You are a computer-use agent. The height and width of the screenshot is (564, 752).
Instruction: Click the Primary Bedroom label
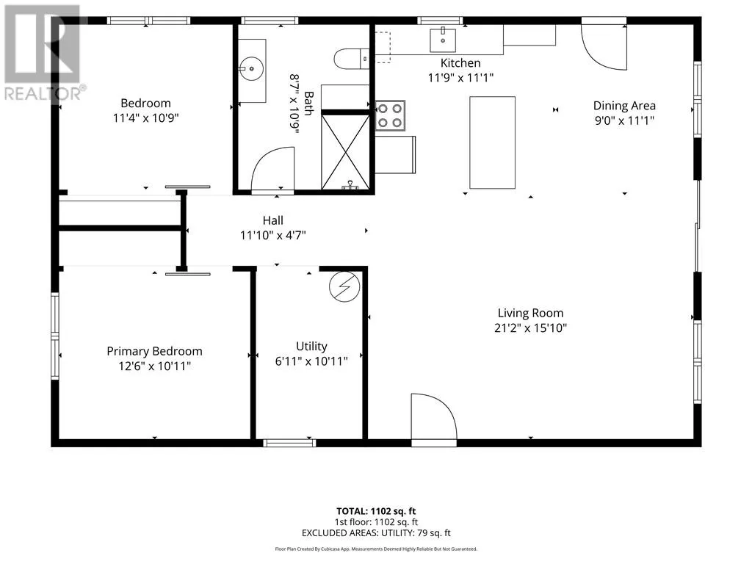pyautogui.click(x=154, y=351)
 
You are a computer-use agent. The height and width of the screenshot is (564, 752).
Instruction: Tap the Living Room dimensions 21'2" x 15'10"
pyautogui.click(x=530, y=328)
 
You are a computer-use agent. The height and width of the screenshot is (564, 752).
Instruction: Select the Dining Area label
pyautogui.click(x=624, y=106)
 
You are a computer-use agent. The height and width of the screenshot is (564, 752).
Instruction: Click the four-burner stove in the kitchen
pyautogui.click(x=390, y=115)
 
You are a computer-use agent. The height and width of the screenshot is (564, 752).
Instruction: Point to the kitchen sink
pyautogui.click(x=443, y=40)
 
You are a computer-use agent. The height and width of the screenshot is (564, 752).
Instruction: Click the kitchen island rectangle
pyautogui.click(x=493, y=142)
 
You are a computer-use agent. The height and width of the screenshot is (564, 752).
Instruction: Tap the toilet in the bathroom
pyautogui.click(x=352, y=59)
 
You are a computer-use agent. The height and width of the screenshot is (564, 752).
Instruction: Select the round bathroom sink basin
pyautogui.click(x=251, y=69)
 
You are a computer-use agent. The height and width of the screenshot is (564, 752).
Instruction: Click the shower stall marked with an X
pyautogui.click(x=345, y=151)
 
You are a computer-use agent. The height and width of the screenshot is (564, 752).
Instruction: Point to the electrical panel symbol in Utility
pyautogui.click(x=344, y=287)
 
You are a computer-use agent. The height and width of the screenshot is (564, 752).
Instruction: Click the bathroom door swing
pyautogui.click(x=272, y=169)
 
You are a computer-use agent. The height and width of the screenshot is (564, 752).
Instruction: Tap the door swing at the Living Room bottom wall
pyautogui.click(x=433, y=416)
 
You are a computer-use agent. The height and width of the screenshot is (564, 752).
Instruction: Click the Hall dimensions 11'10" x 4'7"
pyautogui.click(x=273, y=236)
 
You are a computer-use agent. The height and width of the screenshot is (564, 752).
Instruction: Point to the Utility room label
pyautogui.click(x=311, y=347)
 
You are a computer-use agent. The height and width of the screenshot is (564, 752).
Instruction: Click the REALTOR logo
pyautogui.click(x=43, y=52)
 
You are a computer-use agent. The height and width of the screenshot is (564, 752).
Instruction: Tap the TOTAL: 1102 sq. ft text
pyautogui.click(x=376, y=511)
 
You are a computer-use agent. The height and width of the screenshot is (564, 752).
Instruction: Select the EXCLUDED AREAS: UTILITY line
pyautogui.click(x=376, y=533)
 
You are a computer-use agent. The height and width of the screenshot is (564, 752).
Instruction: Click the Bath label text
pyautogui.click(x=309, y=104)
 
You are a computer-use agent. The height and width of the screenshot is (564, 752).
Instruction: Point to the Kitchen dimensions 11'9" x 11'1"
pyautogui.click(x=460, y=78)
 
